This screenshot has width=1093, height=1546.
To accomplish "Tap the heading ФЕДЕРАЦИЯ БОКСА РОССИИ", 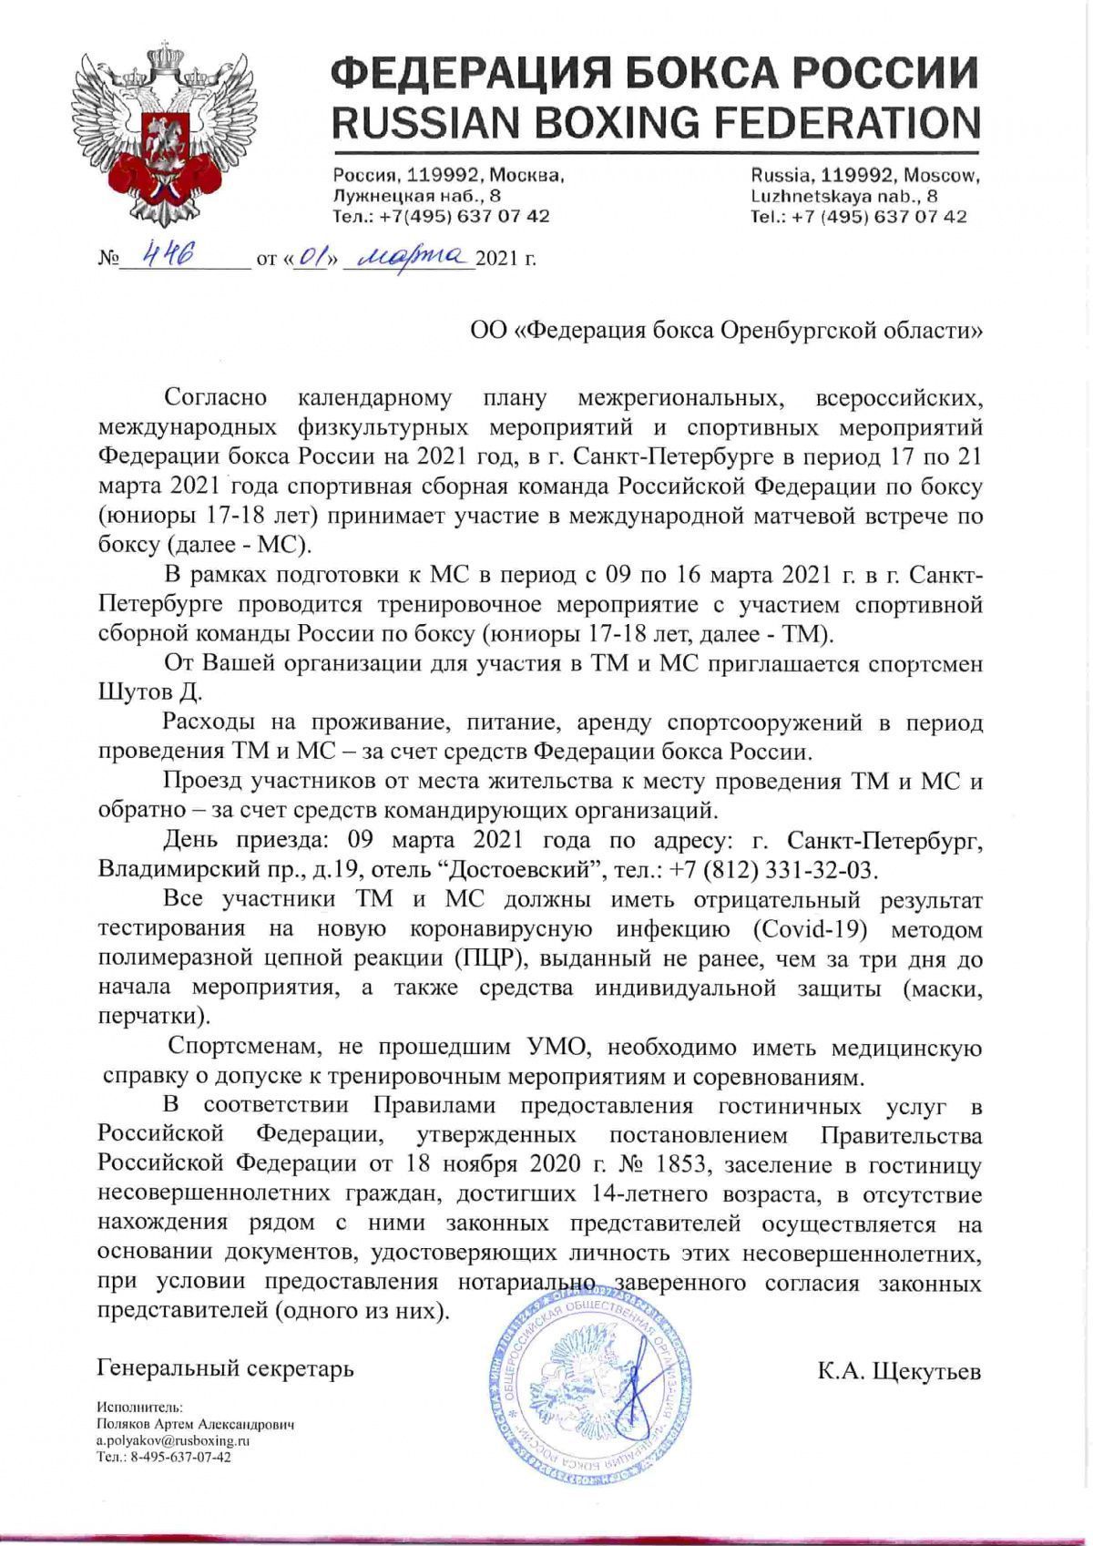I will [655, 72].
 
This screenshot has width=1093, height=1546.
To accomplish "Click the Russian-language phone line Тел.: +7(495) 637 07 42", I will [441, 217].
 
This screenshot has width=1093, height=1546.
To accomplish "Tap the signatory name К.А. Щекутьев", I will [898, 1370].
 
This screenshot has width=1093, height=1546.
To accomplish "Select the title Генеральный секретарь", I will [225, 1367].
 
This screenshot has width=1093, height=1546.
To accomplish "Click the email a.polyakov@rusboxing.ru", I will [173, 1440].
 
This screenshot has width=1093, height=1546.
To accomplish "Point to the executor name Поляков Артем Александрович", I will [195, 1424].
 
